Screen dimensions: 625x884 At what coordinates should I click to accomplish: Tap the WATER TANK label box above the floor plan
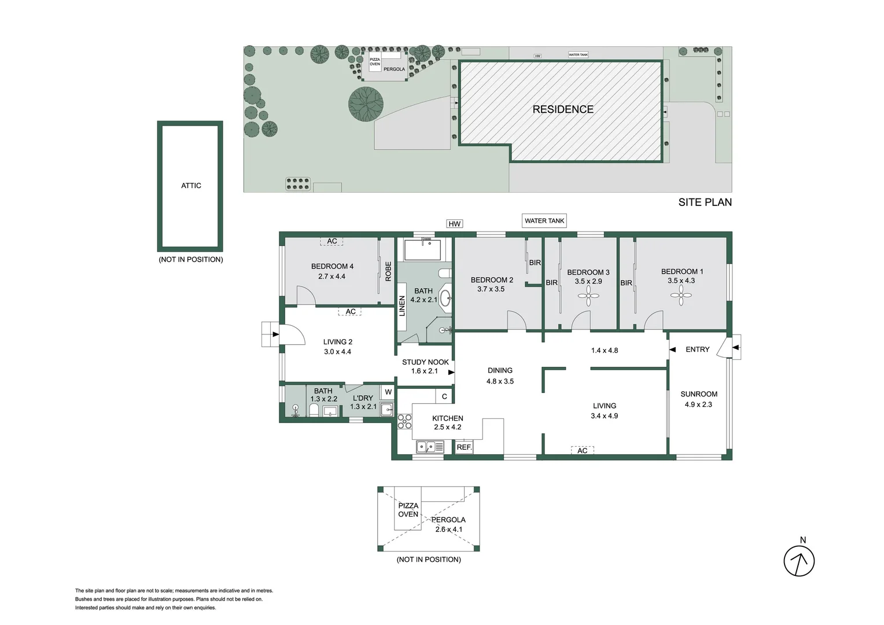pos(544,220)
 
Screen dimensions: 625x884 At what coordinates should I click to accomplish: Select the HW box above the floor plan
pos(455,224)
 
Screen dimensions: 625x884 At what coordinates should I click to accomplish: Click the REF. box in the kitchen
pos(464,447)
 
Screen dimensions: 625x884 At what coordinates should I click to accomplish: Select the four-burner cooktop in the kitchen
pos(404,421)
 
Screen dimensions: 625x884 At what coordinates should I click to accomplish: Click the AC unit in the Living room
pos(582,450)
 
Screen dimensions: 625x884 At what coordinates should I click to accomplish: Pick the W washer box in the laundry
pos(388,392)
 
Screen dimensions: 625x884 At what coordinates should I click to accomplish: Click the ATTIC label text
pos(191,186)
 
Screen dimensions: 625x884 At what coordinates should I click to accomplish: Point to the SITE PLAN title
pos(705,202)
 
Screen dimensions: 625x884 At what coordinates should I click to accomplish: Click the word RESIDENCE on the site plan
pos(562,109)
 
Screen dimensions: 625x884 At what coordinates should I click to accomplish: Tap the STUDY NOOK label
pos(425,362)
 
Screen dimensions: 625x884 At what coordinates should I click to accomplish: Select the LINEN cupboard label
pos(402,306)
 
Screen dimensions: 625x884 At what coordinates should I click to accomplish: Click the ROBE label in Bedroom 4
pos(388,271)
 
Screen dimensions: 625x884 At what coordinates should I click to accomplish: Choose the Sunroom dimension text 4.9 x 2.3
pos(698,405)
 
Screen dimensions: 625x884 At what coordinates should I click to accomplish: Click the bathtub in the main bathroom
pos(422,250)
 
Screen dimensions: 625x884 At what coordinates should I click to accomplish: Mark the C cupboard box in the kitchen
pos(444,396)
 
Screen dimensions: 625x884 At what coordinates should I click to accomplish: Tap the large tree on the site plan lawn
pos(366,104)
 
